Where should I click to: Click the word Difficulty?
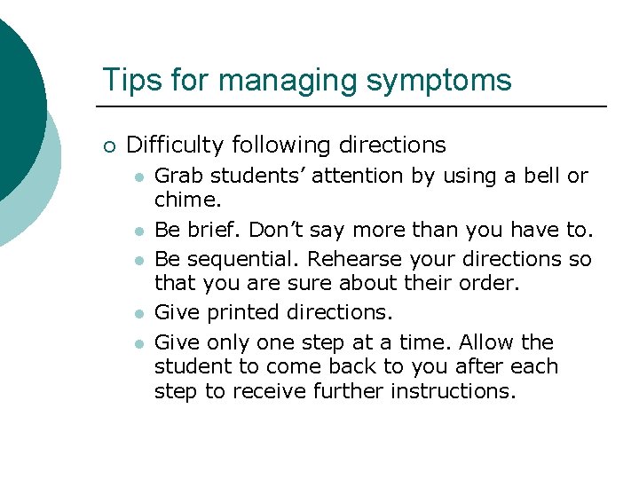tap(176, 145)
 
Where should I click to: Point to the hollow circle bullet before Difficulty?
tap(108, 145)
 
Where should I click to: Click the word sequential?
tap(231, 259)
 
